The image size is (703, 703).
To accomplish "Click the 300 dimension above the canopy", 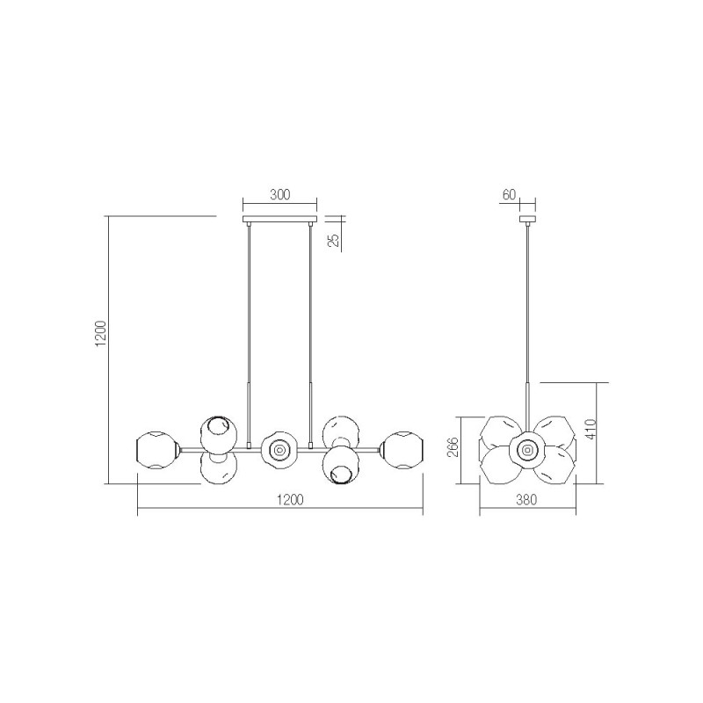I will pos(279,195).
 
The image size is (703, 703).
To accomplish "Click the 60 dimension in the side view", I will pos(508,195).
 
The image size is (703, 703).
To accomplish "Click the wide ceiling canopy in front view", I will pos(279,219).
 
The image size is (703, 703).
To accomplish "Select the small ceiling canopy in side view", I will pos(528,219).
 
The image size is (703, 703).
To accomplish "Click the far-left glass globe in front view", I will pos(156,449).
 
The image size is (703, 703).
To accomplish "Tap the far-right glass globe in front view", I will pos(402,449).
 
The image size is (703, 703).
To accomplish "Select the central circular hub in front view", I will pos(279,449).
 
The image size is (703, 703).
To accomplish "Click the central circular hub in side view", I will pos(527,449).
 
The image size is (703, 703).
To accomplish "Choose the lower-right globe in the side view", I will pos(554,467).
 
